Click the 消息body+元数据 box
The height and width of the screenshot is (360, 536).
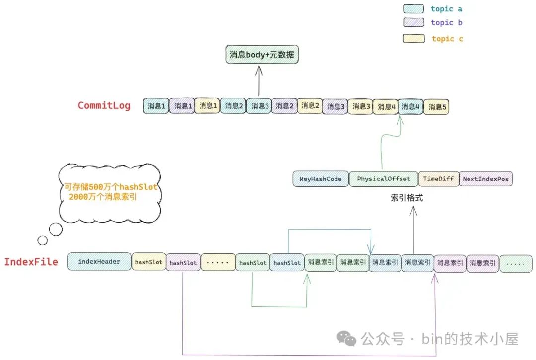pyautogui.click(x=262, y=55)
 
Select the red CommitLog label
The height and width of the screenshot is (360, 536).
pyautogui.click(x=104, y=105)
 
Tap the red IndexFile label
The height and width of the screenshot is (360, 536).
pyautogui.click(x=31, y=262)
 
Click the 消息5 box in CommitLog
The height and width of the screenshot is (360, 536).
pyautogui.click(x=436, y=107)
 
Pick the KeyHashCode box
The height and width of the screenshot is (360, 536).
pyautogui.click(x=321, y=179)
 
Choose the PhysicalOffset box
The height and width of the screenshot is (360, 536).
pyautogui.click(x=384, y=179)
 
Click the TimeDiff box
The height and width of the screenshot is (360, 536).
pyautogui.click(x=439, y=179)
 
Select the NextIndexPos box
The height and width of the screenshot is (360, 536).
pyautogui.click(x=486, y=179)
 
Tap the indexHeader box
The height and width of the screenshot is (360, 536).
pyautogui.click(x=99, y=262)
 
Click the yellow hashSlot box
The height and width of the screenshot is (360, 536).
pyautogui.click(x=149, y=262)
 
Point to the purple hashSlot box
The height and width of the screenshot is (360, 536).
pyautogui.click(x=183, y=263)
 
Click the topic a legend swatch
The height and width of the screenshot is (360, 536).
pyautogui.click(x=413, y=8)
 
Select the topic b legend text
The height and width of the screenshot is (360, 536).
pyautogui.click(x=447, y=22)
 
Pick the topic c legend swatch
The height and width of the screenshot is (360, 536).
pyautogui.click(x=413, y=38)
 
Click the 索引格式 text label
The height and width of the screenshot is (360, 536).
pyautogui.click(x=407, y=198)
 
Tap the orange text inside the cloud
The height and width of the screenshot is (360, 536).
pyautogui.click(x=110, y=192)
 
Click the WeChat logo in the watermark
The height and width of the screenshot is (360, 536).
pyautogui.click(x=346, y=339)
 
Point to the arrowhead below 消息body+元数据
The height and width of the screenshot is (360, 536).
pyautogui.click(x=259, y=70)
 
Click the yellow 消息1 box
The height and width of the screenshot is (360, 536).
pyautogui.click(x=207, y=106)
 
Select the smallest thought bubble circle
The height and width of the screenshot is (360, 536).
pyautogui.click(x=42, y=240)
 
